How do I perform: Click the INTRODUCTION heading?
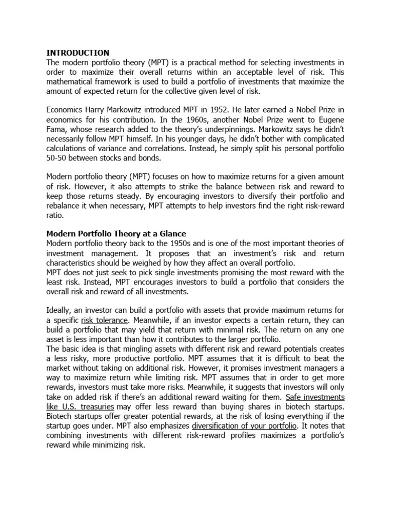coord(78,52)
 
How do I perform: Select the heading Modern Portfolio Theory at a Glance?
coord(116,233)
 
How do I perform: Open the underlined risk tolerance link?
coord(102,319)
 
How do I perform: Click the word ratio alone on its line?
coord(55,215)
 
